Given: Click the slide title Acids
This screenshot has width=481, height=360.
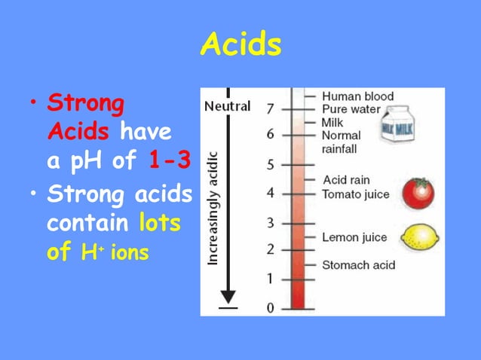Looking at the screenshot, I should point(240,46).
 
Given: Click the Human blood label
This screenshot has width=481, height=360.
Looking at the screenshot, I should point(357,96).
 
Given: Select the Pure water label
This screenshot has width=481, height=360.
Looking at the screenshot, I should point(352,109).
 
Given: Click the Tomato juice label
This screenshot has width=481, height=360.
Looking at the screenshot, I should point(355,194).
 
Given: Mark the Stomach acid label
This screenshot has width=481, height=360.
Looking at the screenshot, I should point(358,264).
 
